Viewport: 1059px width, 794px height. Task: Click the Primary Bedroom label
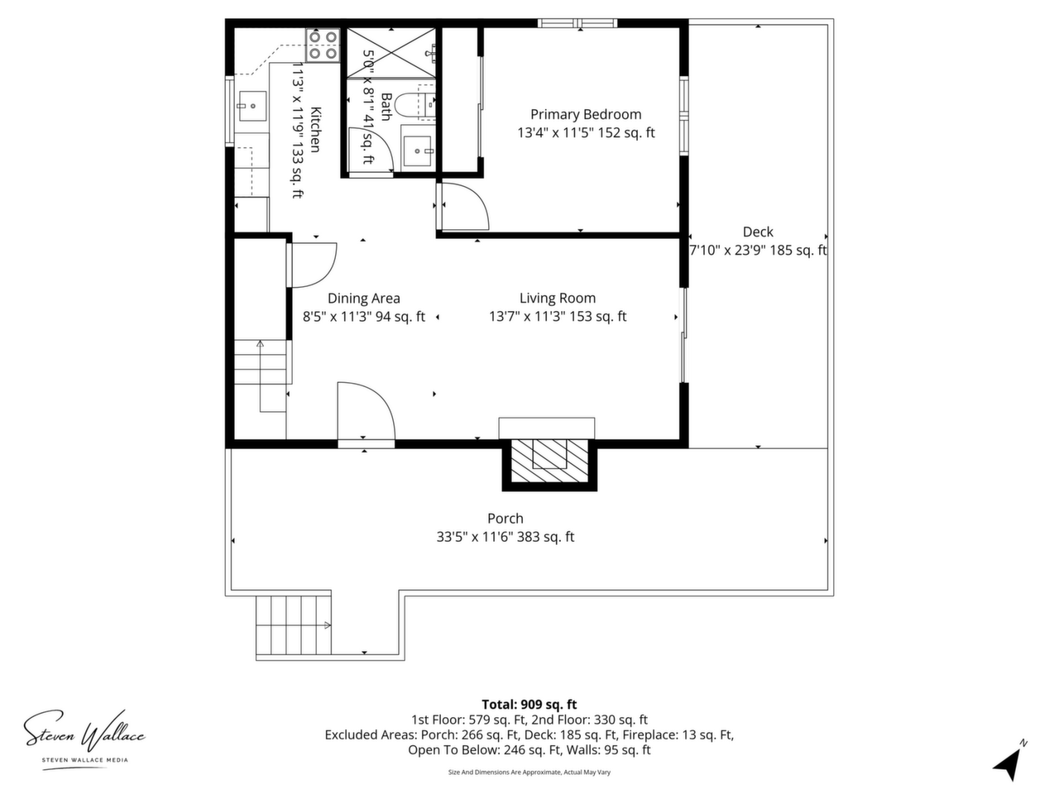[x=586, y=114]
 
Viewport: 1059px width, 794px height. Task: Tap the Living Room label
[x=558, y=298]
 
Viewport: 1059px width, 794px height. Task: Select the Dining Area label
[x=364, y=299]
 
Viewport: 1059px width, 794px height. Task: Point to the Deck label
[x=758, y=232]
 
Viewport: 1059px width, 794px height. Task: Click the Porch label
[x=506, y=519]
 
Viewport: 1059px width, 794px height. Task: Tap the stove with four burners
[x=323, y=45]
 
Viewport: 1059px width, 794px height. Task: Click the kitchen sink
[x=252, y=106]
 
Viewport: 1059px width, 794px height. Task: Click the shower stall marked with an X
[x=391, y=53]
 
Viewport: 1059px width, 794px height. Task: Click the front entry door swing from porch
[x=367, y=411]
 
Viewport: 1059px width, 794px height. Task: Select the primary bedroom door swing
[x=465, y=206]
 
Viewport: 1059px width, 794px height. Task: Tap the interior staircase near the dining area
[x=261, y=376]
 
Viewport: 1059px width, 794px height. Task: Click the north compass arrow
[x=1008, y=763]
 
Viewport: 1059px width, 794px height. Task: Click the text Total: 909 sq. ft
[x=529, y=705]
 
